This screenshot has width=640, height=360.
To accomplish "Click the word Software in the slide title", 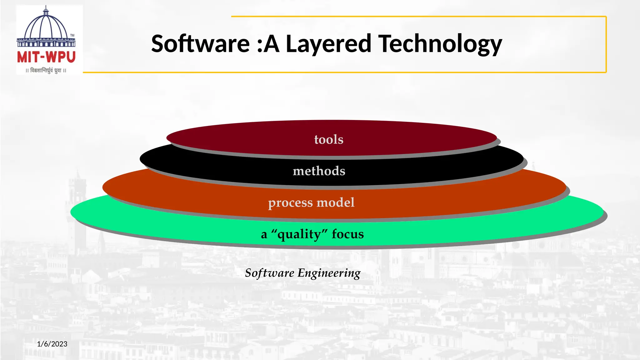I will point(200,44).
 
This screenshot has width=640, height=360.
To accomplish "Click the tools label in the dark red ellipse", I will point(329,139).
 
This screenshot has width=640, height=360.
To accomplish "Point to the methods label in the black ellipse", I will point(319,171).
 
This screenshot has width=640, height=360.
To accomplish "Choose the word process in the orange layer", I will point(290,203).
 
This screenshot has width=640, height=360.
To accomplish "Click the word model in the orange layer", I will point(336,202).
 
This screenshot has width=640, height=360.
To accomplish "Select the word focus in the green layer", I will point(348,234).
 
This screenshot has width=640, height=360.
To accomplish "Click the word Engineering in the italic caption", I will point(329,273).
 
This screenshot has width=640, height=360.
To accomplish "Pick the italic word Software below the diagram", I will point(269,273).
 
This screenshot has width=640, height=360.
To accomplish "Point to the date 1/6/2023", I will point(52,344).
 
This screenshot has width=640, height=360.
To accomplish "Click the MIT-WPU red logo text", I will point(46,57).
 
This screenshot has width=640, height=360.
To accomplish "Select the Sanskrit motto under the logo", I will point(46,71).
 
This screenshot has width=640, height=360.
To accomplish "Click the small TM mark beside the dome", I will point(72,35).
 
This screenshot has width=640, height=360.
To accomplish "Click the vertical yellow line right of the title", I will point(606,44).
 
